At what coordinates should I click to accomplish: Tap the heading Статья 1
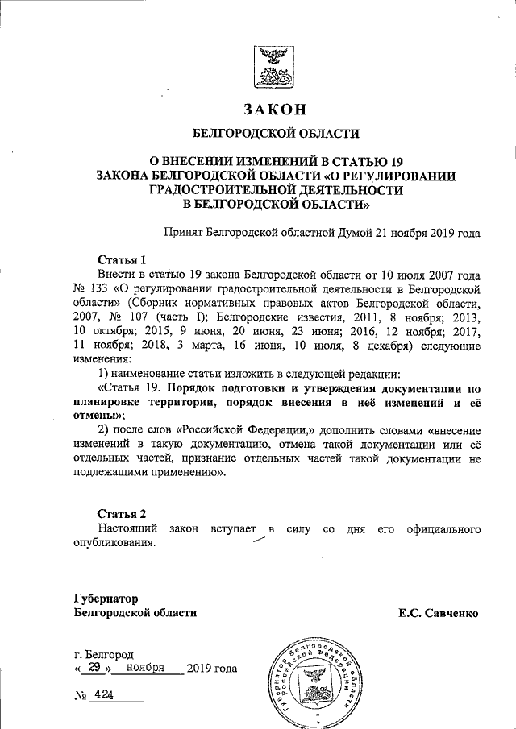(x=122, y=260)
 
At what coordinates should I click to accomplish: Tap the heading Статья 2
(x=122, y=513)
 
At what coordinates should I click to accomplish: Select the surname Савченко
(x=452, y=614)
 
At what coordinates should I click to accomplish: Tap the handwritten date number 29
(x=94, y=668)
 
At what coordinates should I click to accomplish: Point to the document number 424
(x=103, y=695)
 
